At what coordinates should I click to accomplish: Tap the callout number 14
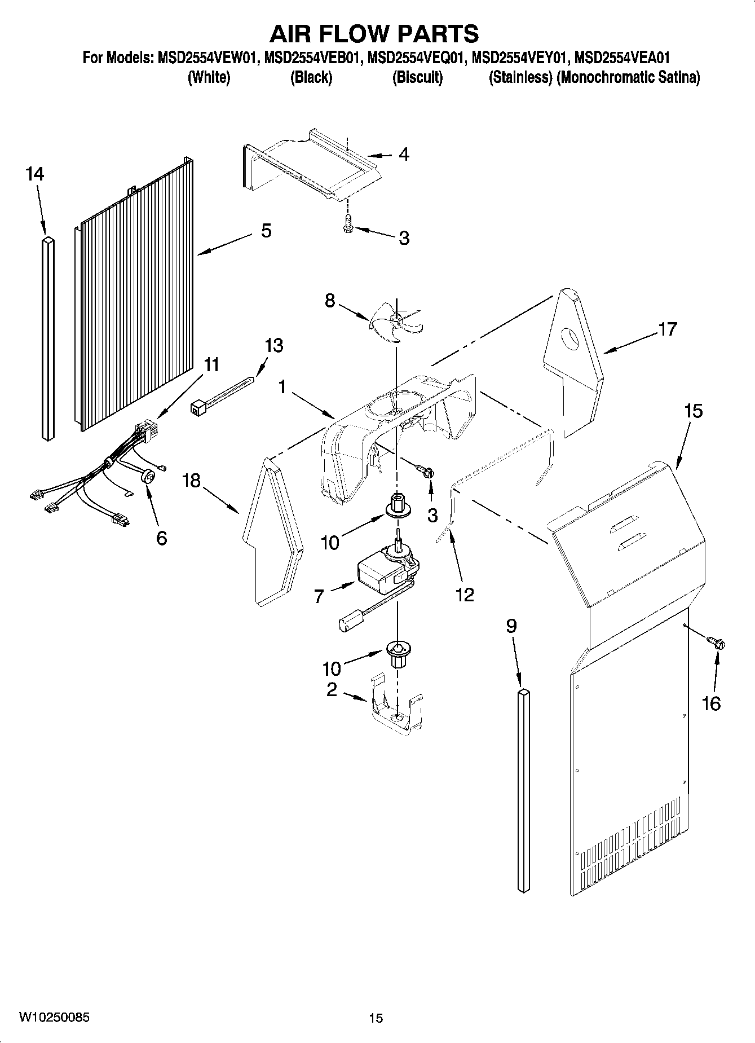point(34,174)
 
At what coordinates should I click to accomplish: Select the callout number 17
point(667,328)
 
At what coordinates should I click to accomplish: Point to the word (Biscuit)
point(417,77)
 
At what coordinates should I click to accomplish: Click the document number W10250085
point(54,1018)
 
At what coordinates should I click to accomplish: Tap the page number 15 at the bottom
point(376,1018)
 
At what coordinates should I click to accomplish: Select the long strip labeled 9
point(524,790)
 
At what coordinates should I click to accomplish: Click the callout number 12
point(465,594)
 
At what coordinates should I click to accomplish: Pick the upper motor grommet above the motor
point(398,505)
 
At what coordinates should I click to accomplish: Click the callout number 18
point(191,481)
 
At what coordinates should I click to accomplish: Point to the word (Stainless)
point(520,77)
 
